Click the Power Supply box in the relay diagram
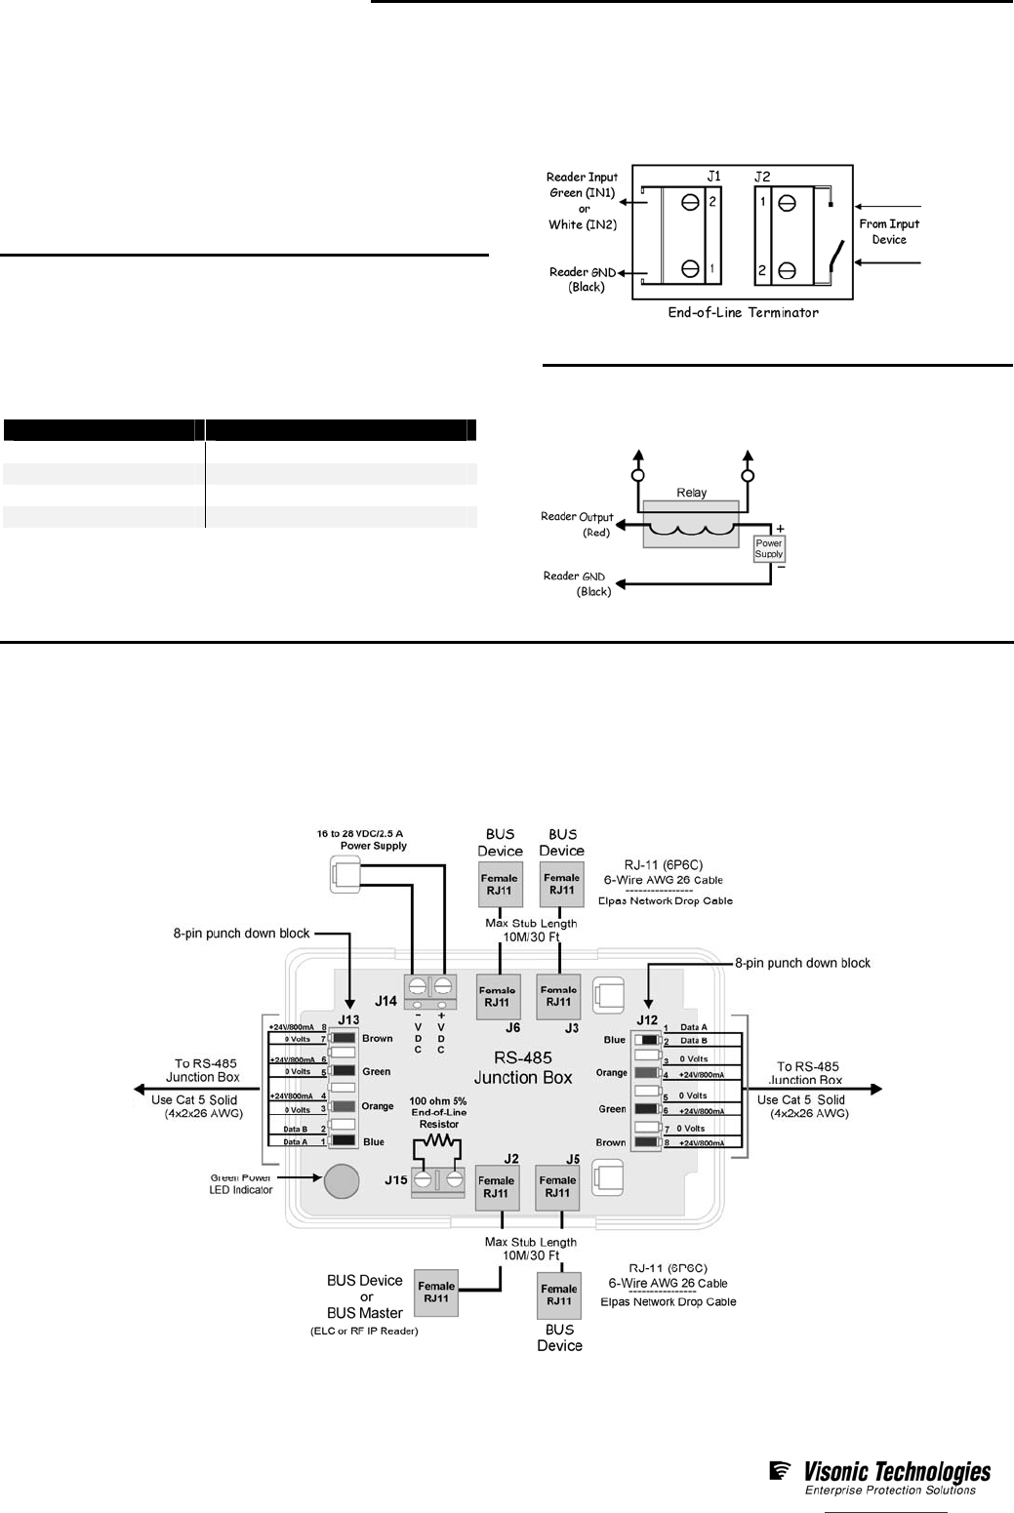pos(769,548)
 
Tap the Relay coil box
pos(691,525)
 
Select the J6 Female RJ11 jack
pos(498,996)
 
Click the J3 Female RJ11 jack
pos(558,996)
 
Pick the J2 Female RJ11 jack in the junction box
pos(497,1186)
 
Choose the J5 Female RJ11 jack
pos(557,1186)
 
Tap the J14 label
pos(385,1001)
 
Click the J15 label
pos(395,1179)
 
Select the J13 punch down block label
pos(348,1020)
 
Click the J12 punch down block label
pos(647,1020)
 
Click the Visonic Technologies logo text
pos(896,1472)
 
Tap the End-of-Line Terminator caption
pos(743,313)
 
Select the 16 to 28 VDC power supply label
pos(360,839)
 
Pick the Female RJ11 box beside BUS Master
pos(436,1293)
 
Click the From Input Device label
pos(889,231)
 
